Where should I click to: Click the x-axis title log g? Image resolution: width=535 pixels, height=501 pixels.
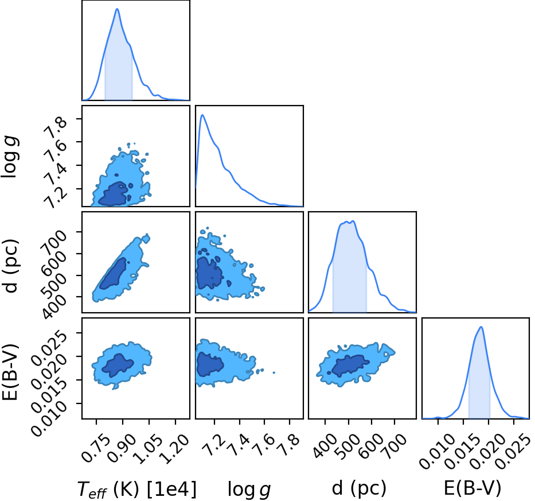point(249,490)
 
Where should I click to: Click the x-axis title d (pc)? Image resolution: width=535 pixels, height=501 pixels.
point(359,488)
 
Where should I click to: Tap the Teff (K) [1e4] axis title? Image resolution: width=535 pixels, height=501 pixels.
point(137,489)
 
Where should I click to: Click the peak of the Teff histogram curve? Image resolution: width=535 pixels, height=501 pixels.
point(117,9)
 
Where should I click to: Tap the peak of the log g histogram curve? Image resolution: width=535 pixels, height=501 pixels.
point(202,115)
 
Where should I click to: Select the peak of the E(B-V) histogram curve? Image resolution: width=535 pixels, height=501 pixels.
point(481,327)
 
